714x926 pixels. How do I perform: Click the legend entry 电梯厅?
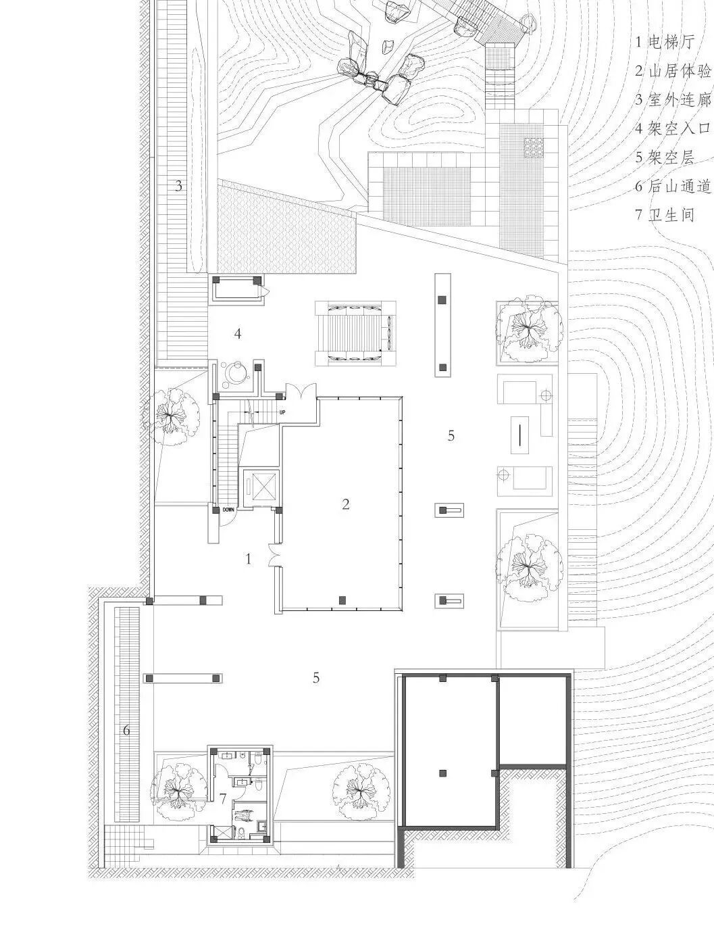coord(665,42)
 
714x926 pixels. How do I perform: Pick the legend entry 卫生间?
coord(665,216)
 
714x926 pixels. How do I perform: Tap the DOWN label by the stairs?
coord(228,510)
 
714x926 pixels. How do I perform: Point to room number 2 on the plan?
coord(346,504)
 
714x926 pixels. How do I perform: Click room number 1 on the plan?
coord(249,559)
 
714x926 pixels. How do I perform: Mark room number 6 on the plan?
coord(126,730)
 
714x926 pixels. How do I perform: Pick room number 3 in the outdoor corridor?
coord(178,186)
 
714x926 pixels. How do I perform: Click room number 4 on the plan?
coord(237,333)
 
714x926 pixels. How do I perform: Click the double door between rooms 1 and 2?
coord(274,556)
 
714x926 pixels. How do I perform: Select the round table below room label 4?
coord(236,373)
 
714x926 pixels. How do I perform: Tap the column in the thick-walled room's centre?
coord(443,773)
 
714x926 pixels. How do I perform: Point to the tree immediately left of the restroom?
coord(178,785)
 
